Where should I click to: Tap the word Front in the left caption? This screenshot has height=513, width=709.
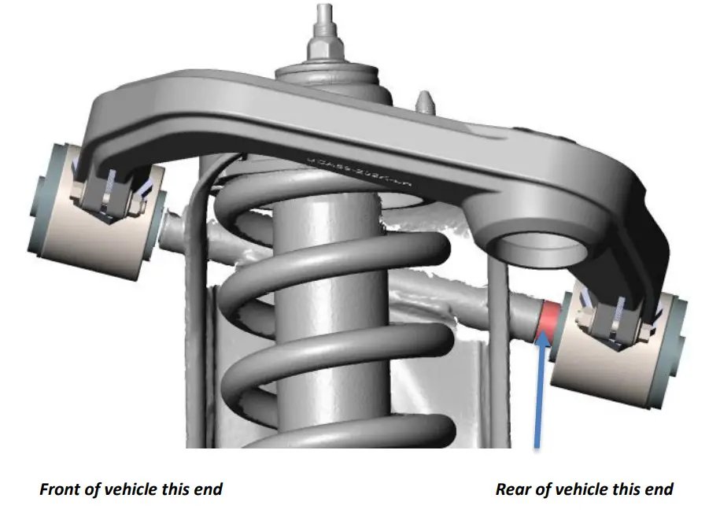pos(60,489)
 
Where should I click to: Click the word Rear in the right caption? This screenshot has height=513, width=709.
pos(514,489)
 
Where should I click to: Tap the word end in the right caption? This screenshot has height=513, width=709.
pos(657,489)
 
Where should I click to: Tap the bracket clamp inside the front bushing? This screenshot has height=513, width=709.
pos(106,193)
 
